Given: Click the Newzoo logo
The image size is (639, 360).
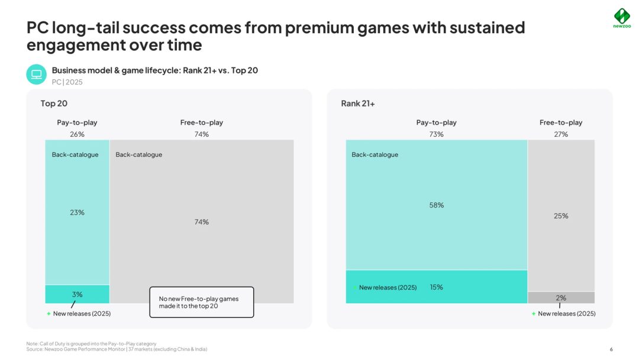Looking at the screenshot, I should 621,17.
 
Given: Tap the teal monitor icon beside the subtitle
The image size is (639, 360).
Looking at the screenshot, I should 36,75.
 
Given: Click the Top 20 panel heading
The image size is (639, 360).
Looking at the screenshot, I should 54,104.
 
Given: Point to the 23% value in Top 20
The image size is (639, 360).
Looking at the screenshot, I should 77,213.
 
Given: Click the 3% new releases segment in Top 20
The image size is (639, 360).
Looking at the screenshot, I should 77,294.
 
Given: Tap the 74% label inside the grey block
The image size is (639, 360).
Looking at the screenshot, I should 202,222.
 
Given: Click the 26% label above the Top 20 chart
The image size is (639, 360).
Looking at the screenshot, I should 77,134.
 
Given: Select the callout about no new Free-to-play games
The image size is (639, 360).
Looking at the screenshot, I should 201,302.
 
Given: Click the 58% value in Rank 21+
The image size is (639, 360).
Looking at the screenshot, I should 437,205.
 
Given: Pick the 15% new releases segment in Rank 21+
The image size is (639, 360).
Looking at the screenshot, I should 437,287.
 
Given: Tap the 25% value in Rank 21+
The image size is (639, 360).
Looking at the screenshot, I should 561,216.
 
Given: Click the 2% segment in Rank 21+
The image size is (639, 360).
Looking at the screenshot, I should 561,298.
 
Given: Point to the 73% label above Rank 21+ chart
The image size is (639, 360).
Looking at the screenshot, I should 437,134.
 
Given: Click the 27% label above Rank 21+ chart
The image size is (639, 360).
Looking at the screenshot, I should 561,134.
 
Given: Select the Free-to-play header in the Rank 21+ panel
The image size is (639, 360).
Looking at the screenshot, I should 561,123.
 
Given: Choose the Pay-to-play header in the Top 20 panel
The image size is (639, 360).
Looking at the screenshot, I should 77,123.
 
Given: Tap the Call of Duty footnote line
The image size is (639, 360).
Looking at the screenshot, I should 91,344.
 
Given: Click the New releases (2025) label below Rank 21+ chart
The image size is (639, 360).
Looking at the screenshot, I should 566,314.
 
